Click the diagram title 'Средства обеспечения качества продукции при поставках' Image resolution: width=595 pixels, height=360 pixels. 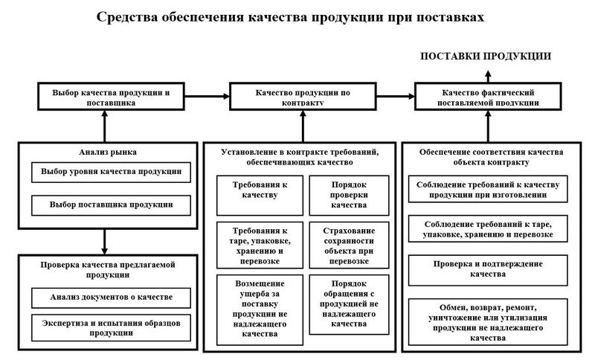[x=290, y=17]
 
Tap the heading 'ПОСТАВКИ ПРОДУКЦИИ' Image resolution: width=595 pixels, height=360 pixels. [x=486, y=56]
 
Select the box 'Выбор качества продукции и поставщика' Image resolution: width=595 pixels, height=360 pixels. [x=111, y=97]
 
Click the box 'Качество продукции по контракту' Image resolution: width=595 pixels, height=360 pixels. [x=303, y=97]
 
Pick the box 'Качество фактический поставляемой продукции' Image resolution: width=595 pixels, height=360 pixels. [x=488, y=97]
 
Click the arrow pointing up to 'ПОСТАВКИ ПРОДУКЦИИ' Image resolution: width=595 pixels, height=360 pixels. [x=488, y=77]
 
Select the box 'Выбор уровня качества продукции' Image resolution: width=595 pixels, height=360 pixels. [x=111, y=173]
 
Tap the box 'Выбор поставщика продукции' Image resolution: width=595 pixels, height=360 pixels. [x=111, y=205]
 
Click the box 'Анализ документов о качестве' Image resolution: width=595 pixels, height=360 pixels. [x=111, y=298]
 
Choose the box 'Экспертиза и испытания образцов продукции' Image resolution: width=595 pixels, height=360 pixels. [x=111, y=328]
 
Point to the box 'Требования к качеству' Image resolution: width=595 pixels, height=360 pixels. [x=260, y=196]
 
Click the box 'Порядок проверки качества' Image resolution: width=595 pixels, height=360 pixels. [x=349, y=196]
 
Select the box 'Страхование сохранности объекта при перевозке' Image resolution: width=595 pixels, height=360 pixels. [x=349, y=245]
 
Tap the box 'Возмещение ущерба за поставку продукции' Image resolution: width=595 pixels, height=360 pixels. [x=260, y=310]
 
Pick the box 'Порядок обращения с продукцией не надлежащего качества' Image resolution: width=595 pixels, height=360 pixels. [x=349, y=305]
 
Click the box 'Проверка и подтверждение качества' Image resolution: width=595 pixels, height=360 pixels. [x=488, y=270]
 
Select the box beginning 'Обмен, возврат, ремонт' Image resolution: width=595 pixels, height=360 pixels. [x=488, y=322]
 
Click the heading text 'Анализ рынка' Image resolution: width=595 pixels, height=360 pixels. [x=108, y=152]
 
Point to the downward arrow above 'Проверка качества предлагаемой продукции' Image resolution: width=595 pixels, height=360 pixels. [x=104, y=242]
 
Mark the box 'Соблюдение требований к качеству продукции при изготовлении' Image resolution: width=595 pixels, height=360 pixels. [x=488, y=189]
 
